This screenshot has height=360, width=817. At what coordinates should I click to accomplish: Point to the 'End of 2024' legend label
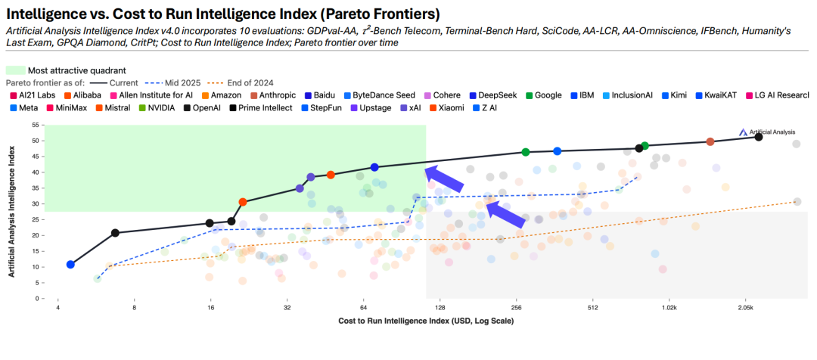(x=253, y=82)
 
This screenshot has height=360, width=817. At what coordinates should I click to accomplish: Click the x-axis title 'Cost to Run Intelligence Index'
(x=426, y=321)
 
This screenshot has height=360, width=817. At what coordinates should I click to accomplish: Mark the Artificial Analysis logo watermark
(x=767, y=132)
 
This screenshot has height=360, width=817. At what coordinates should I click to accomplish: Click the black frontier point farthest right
(x=759, y=137)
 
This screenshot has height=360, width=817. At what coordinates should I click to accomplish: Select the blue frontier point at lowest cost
(x=70, y=265)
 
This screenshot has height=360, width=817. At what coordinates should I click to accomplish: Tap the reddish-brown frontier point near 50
(x=710, y=142)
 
